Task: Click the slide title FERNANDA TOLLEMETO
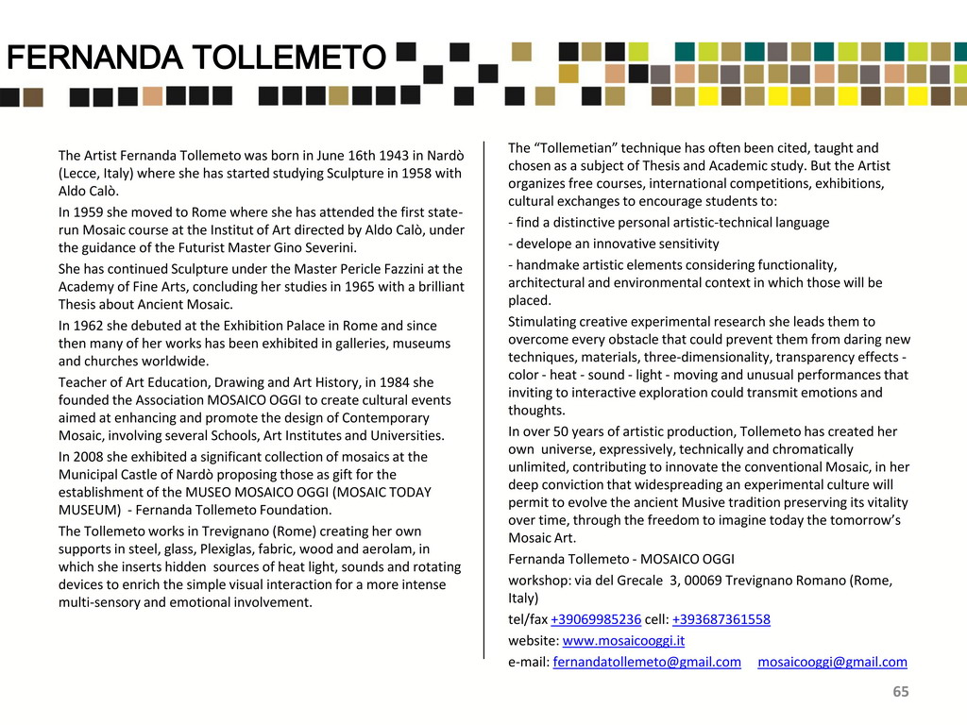(x=196, y=59)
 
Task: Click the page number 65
(x=901, y=692)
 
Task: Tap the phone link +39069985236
(x=596, y=619)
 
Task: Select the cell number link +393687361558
(x=721, y=619)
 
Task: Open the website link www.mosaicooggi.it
(x=623, y=640)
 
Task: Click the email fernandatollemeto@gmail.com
(x=647, y=662)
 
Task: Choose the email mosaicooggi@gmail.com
(x=832, y=662)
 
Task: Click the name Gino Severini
(x=314, y=248)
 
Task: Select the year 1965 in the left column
(x=361, y=287)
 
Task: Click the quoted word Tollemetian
(x=576, y=148)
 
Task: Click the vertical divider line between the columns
(x=484, y=396)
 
